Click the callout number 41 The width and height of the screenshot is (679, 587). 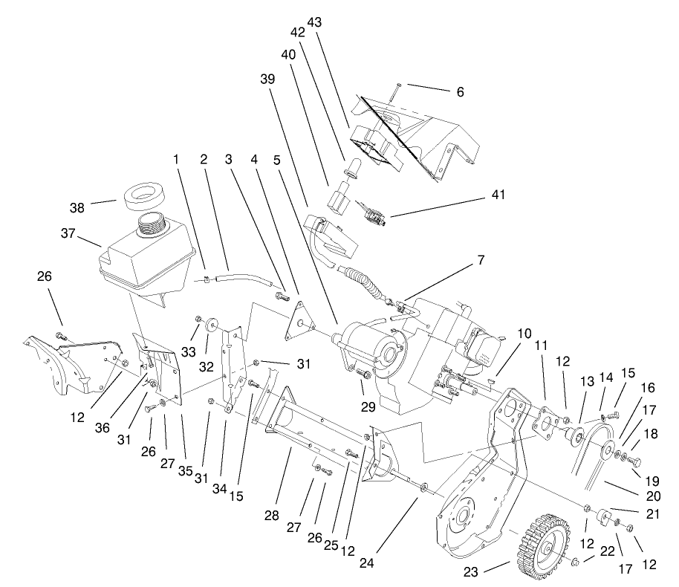(x=498, y=195)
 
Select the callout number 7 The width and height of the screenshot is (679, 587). (x=481, y=260)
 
